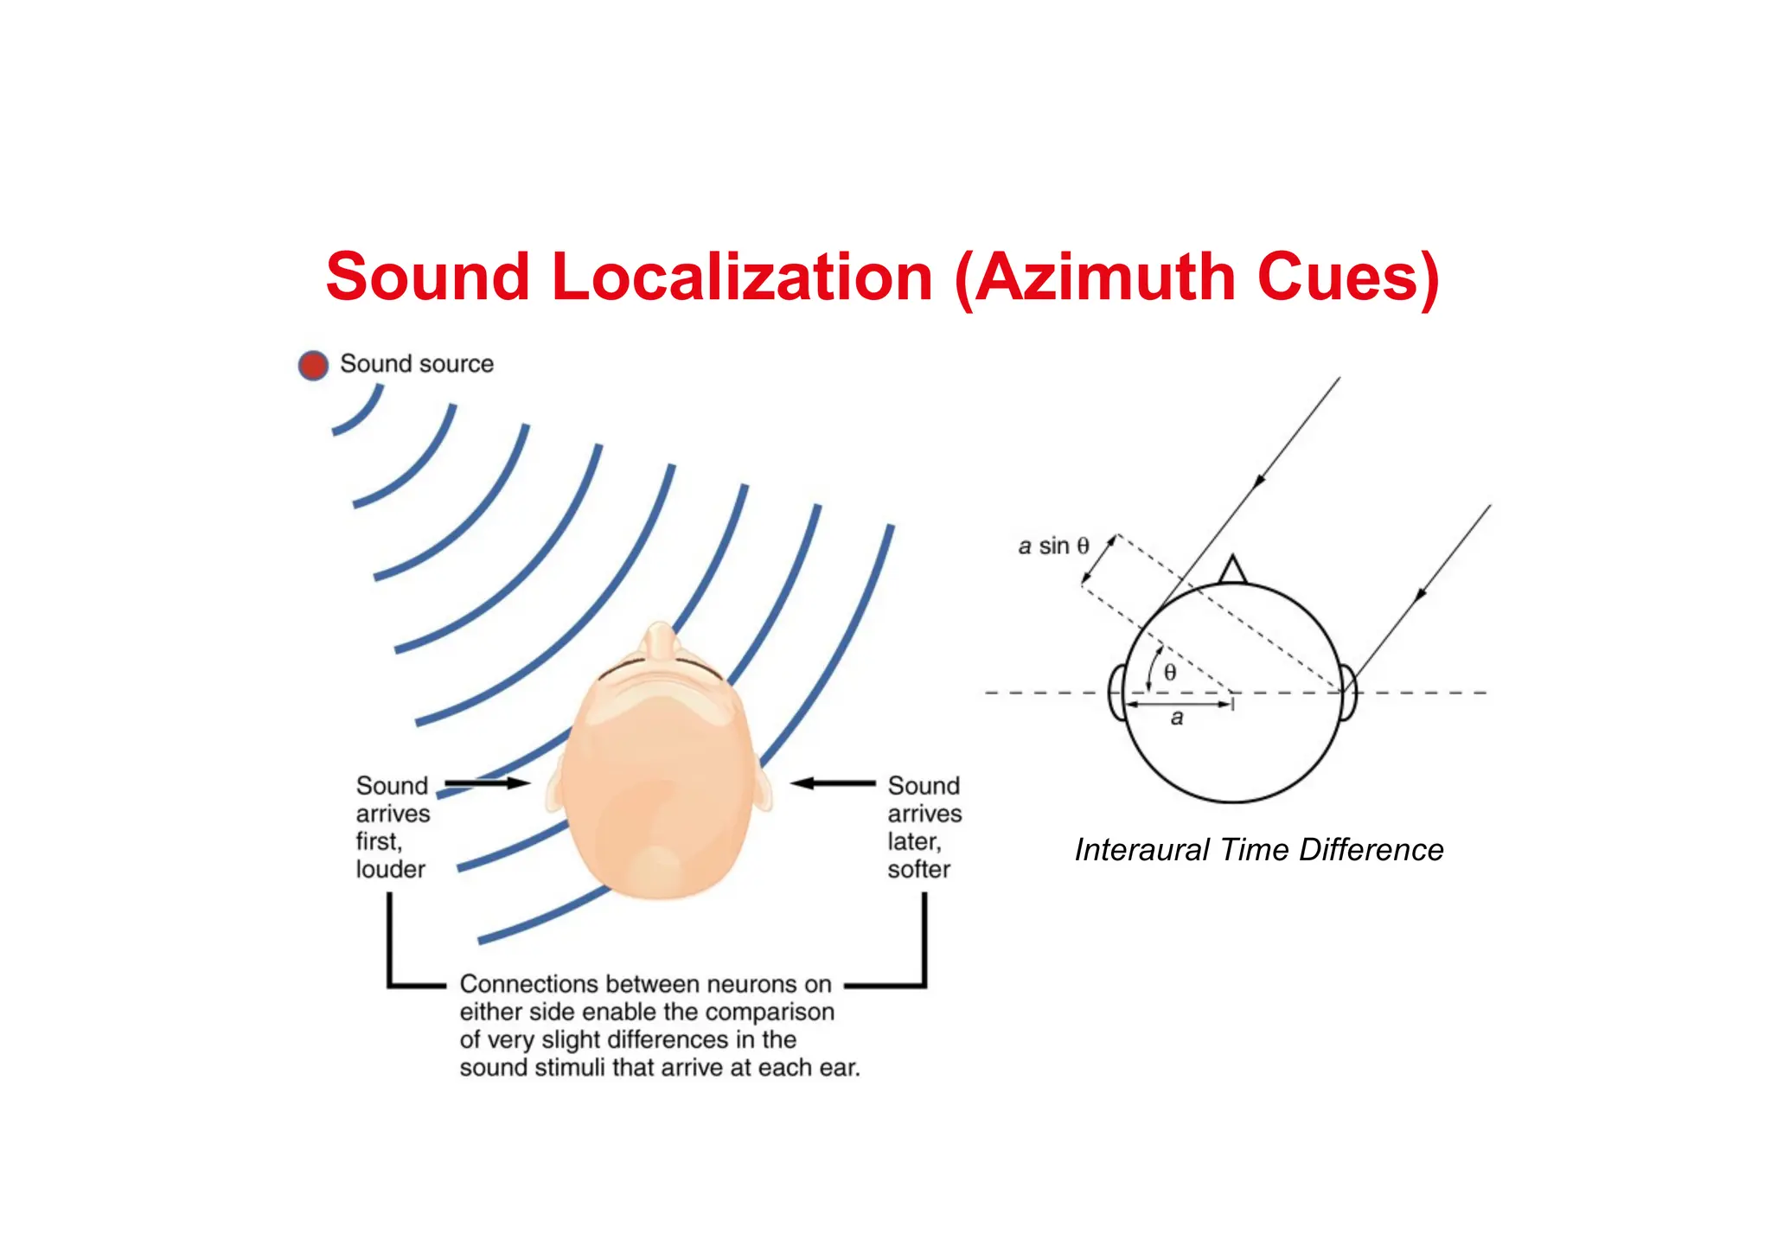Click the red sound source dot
(x=313, y=365)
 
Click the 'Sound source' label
(x=417, y=364)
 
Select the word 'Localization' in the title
(x=742, y=278)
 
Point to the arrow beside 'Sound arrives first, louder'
(x=487, y=783)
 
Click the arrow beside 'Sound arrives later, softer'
(x=833, y=783)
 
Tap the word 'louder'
(x=391, y=869)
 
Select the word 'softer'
(x=918, y=869)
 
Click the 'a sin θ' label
(x=1053, y=546)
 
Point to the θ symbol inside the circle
(x=1170, y=673)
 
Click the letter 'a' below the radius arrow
(x=1177, y=718)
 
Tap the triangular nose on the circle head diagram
(x=1232, y=571)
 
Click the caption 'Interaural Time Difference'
(x=1259, y=850)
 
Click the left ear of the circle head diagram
(x=1116, y=692)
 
